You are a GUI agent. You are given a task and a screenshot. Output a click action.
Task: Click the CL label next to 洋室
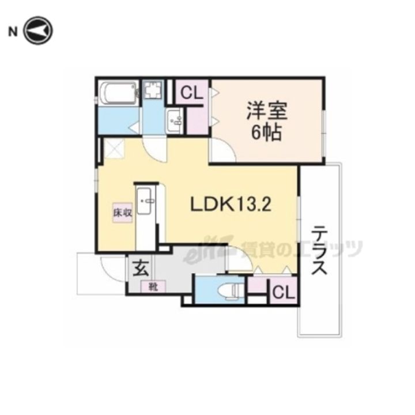click(x=191, y=93)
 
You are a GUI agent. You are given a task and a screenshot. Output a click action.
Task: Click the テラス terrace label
click(x=321, y=250)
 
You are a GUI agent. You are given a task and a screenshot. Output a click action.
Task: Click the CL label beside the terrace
click(x=282, y=292)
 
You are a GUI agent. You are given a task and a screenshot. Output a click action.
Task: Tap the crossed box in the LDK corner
click(x=112, y=150)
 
